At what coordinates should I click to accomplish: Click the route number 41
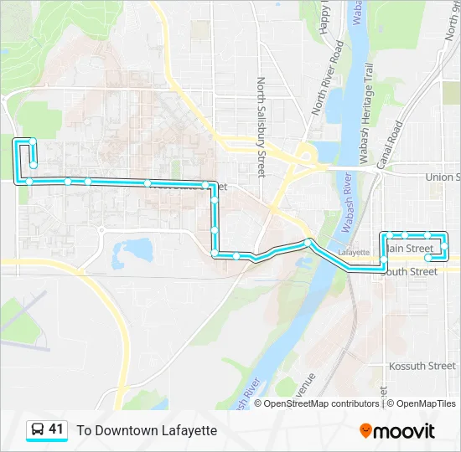pyautogui.click(x=56, y=429)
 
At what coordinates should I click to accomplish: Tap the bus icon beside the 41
pyautogui.click(x=38, y=429)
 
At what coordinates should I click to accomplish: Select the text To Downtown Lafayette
pyautogui.click(x=147, y=430)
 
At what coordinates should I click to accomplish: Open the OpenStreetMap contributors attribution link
pyautogui.click(x=322, y=403)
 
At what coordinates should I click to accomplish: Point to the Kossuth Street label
pyautogui.click(x=422, y=367)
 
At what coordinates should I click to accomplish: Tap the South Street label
pyautogui.click(x=409, y=271)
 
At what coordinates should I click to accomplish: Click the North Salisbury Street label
pyautogui.click(x=261, y=127)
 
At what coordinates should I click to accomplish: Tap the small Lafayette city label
pyautogui.click(x=353, y=251)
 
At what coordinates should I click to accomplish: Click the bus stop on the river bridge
pyautogui.click(x=308, y=243)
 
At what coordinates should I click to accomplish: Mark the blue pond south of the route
pyautogui.click(x=134, y=248)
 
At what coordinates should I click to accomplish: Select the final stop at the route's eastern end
pyautogui.click(x=428, y=257)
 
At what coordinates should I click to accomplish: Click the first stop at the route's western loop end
pyautogui.click(x=33, y=165)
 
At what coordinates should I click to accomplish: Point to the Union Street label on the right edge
pyautogui.click(x=442, y=177)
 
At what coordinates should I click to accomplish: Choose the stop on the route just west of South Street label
pyautogui.click(x=384, y=265)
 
